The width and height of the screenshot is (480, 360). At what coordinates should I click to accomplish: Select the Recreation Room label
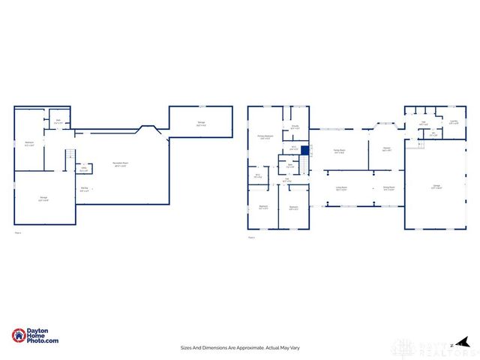pyautogui.click(x=119, y=164)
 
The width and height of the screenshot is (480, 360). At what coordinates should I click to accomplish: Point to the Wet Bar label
pyautogui.click(x=85, y=190)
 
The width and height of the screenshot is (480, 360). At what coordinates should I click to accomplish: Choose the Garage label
pyautogui.click(x=436, y=185)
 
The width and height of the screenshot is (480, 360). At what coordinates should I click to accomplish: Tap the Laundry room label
pyautogui.click(x=453, y=121)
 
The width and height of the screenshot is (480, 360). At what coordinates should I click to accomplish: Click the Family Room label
pyautogui.click(x=339, y=151)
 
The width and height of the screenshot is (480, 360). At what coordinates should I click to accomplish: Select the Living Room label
pyautogui.click(x=341, y=189)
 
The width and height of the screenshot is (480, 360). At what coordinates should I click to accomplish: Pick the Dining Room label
pyautogui.click(x=388, y=188)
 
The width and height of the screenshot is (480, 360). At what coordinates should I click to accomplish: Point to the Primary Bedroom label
pyautogui.click(x=265, y=136)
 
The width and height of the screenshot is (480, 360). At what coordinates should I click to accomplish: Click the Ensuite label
pyautogui.click(x=295, y=127)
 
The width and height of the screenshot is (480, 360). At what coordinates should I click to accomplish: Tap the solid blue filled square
pyautogui.click(x=305, y=150)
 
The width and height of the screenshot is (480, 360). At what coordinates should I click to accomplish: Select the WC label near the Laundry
pyautogui.click(x=433, y=135)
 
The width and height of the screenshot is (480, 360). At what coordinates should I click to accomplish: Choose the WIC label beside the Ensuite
pyautogui.click(x=295, y=148)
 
